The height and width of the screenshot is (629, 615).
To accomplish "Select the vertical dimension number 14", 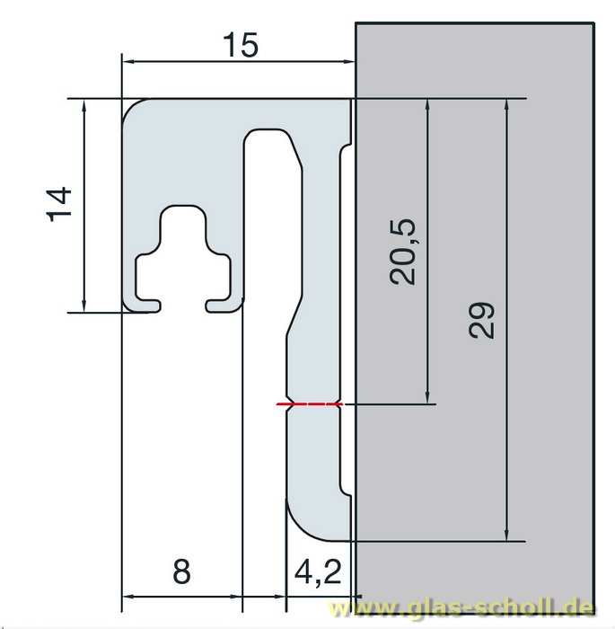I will [58, 203].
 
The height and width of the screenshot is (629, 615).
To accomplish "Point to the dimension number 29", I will [482, 319].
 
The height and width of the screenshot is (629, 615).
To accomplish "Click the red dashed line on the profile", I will [311, 404].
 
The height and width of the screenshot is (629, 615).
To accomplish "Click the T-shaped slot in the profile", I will [183, 256].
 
